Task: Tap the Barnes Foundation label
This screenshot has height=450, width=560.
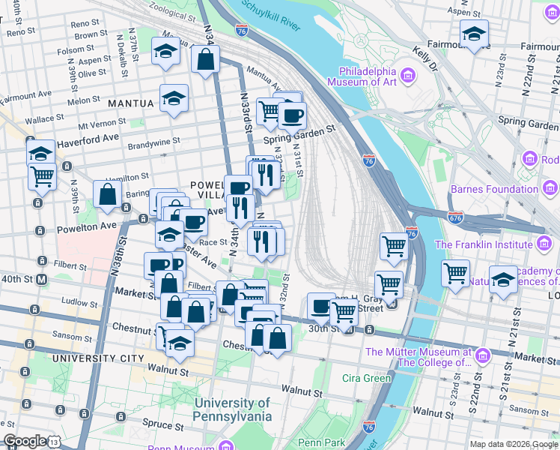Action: (491, 189)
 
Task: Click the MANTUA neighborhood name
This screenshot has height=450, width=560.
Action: (130, 103)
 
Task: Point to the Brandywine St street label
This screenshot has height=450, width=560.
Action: (154, 142)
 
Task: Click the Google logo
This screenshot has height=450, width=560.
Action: (25, 440)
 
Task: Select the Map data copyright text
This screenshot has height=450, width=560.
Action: (514, 443)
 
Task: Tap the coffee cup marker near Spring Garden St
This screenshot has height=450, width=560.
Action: (292, 115)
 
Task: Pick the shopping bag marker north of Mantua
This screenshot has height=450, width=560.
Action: (205, 59)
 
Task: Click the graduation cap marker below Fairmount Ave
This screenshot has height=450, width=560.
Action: (474, 34)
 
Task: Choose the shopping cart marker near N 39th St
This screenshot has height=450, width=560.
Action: (43, 177)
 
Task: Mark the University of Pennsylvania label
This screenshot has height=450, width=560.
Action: (232, 409)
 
